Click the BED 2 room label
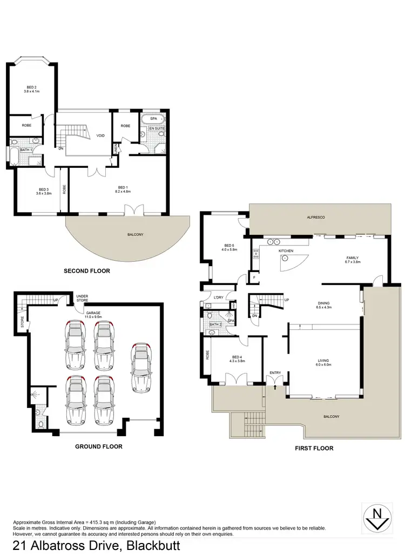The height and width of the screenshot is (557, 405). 32,87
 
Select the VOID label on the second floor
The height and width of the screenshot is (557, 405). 100,136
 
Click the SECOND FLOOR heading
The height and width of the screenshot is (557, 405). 86,271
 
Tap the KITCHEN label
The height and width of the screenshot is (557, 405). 285,252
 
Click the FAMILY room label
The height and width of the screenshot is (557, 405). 353,257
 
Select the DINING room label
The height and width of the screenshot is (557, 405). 324,303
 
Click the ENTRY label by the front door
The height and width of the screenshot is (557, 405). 276,372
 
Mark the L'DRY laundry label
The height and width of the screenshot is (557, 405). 218,298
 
